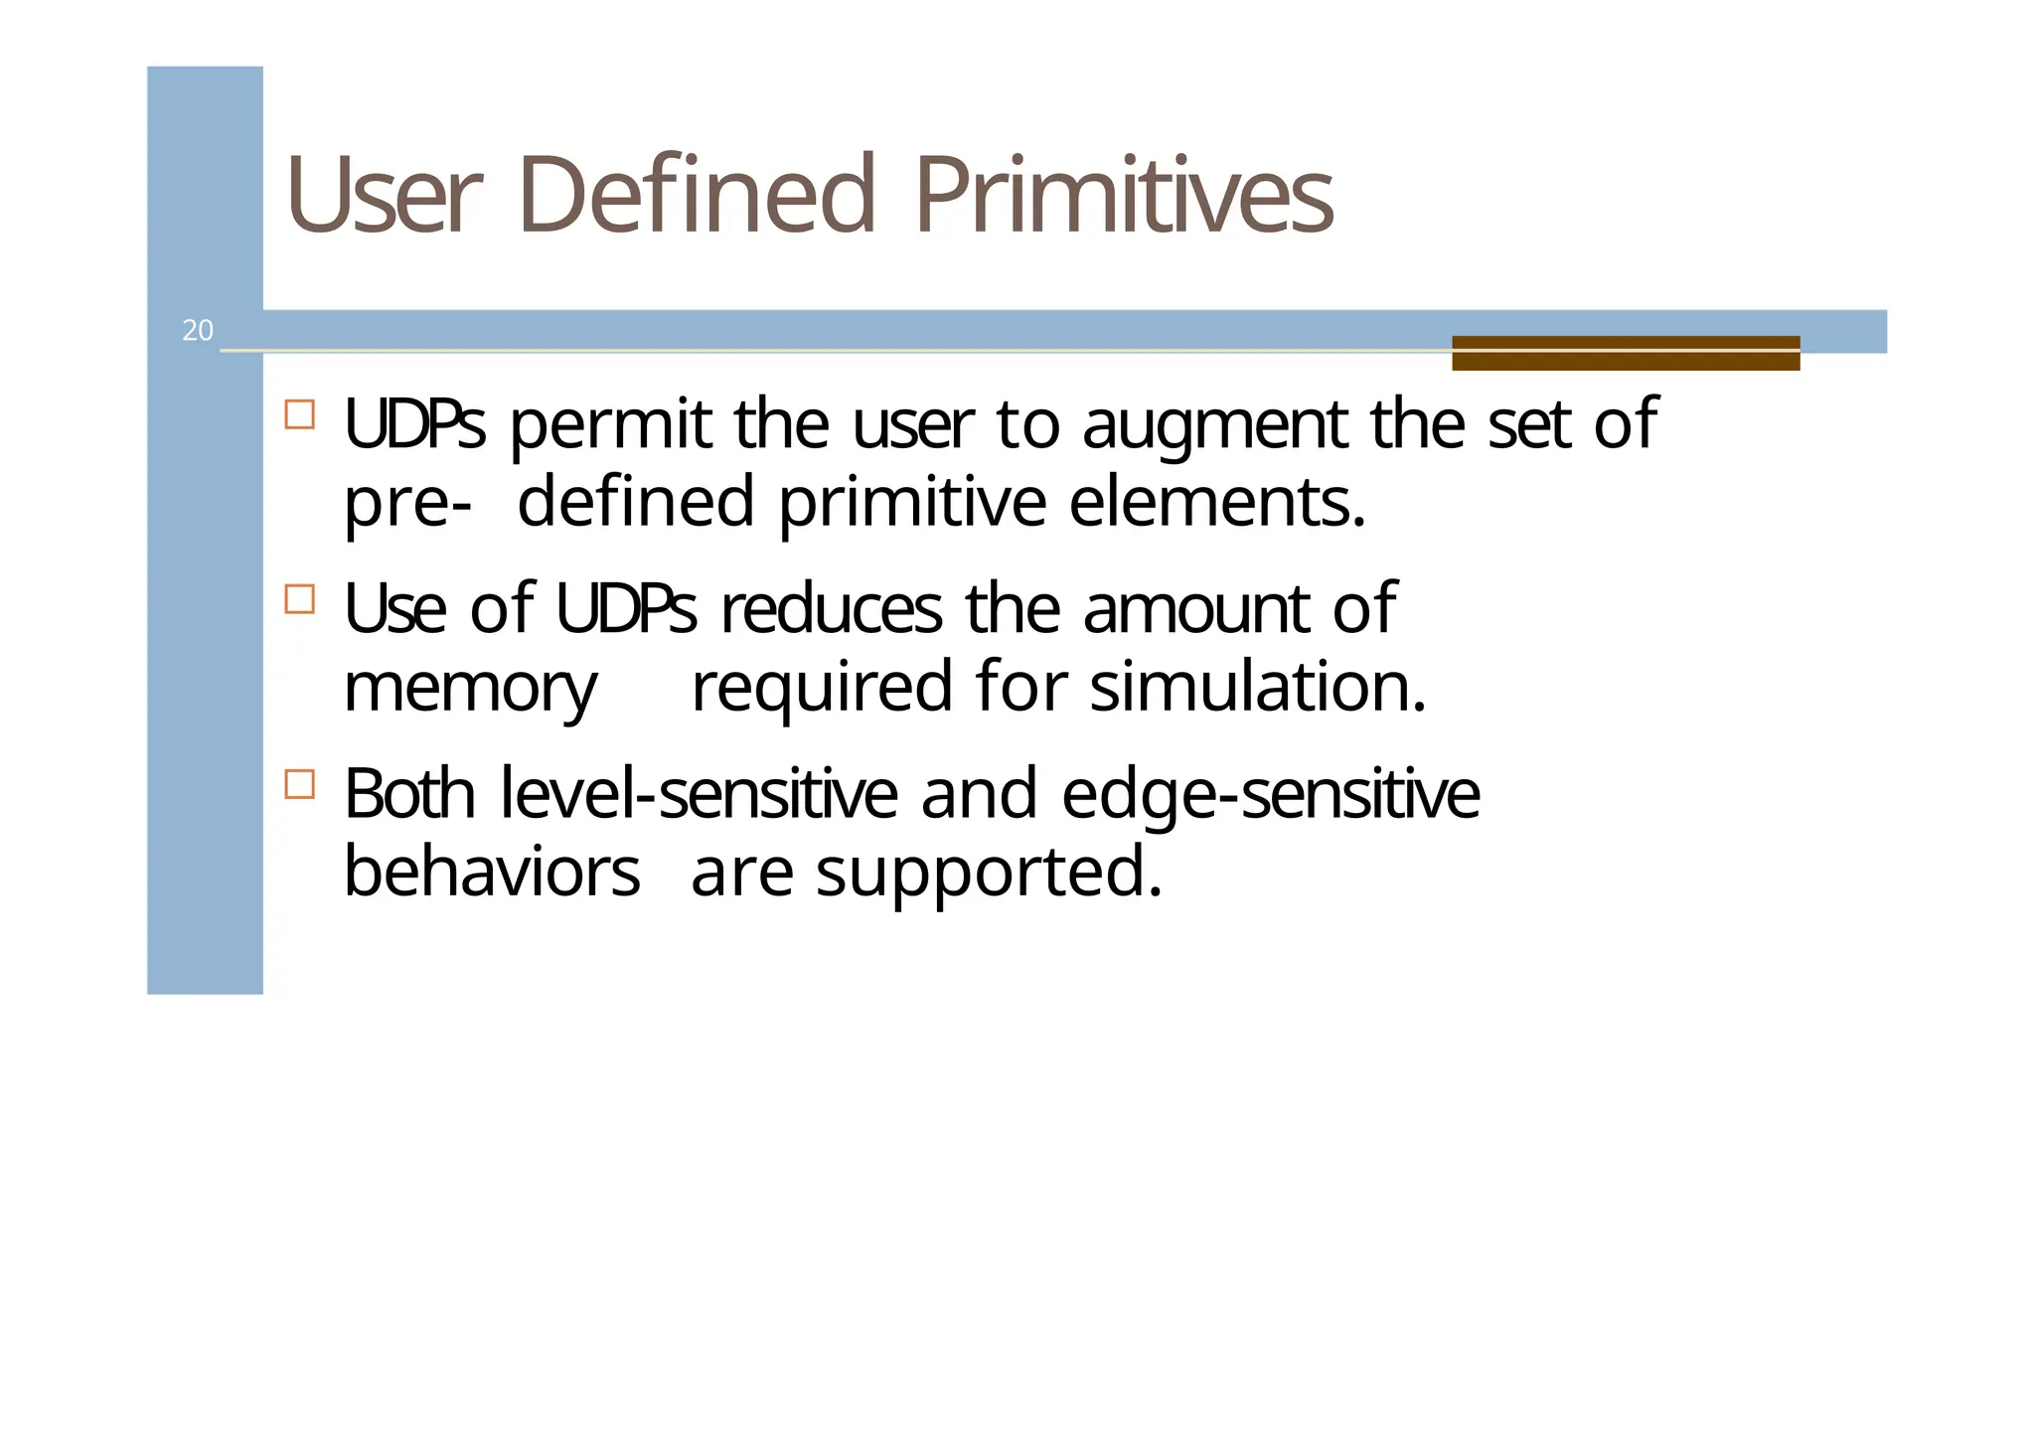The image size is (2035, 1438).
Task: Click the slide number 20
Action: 198,330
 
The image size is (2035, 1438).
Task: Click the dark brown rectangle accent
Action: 1625,353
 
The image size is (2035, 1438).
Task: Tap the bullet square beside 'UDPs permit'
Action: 299,414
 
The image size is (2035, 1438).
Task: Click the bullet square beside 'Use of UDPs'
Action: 299,599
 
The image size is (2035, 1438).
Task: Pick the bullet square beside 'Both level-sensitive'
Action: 299,784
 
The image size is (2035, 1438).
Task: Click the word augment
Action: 1214,425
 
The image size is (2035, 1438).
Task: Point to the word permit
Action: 610,425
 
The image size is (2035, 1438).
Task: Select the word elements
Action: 1217,502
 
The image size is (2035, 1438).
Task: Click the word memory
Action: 470,689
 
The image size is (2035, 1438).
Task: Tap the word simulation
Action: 1258,687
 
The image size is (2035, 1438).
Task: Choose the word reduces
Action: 831,609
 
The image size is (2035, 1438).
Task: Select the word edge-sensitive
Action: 1270,797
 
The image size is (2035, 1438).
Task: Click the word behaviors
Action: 492,872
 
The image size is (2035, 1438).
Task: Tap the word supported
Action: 989,874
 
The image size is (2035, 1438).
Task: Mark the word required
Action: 822,689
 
